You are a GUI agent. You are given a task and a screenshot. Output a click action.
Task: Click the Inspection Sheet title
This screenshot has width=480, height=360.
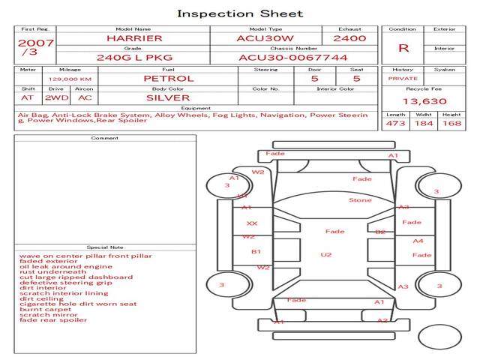click(240, 13)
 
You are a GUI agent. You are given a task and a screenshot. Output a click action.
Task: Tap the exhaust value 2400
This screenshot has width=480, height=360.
click(349, 37)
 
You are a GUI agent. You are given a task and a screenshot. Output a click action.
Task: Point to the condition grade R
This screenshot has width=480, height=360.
click(403, 48)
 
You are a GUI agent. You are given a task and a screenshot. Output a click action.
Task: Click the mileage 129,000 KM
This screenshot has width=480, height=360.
click(70, 78)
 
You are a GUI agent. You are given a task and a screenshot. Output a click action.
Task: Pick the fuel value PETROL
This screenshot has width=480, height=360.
click(168, 78)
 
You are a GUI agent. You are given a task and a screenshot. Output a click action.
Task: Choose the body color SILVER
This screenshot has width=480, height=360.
click(168, 97)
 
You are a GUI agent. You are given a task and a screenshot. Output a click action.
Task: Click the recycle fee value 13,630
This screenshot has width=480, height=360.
click(424, 101)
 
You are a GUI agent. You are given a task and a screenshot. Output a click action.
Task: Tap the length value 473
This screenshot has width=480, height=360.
click(395, 124)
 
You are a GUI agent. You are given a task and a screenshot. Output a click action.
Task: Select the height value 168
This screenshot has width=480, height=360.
click(451, 124)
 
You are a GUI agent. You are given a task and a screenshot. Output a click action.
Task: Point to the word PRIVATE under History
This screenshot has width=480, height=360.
click(403, 78)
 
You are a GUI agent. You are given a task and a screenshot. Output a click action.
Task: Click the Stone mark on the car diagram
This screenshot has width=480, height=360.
click(360, 200)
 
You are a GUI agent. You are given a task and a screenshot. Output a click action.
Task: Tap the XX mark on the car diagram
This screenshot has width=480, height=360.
click(252, 223)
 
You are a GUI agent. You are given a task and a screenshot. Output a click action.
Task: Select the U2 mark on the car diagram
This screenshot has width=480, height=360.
click(326, 255)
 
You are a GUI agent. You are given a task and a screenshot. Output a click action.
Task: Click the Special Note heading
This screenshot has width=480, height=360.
click(104, 247)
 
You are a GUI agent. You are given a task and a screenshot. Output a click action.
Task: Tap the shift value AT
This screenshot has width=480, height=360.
click(28, 97)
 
